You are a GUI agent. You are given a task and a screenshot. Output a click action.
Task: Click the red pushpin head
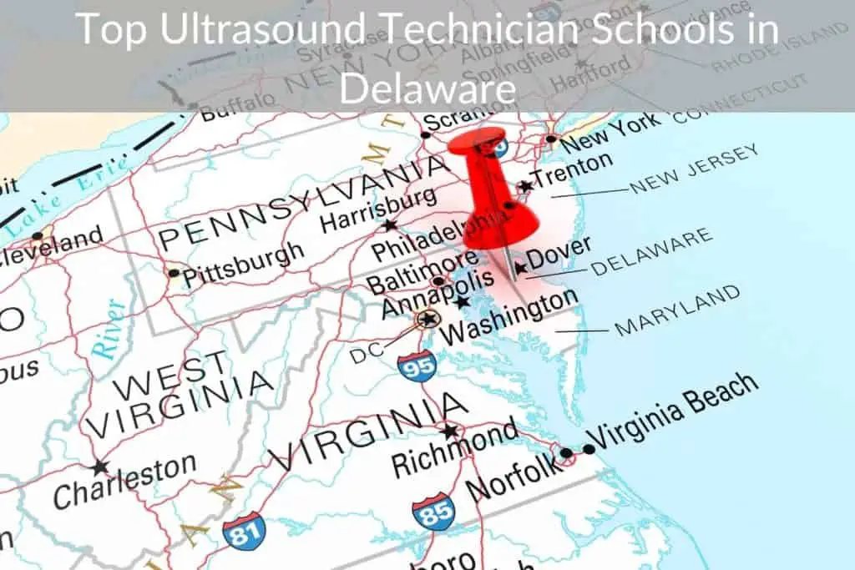click(x=477, y=147)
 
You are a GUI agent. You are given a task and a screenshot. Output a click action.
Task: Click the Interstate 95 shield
click(x=417, y=366)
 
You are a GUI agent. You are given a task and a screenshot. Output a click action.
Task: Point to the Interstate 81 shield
click(x=244, y=528)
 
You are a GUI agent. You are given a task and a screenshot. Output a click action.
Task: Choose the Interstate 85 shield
click(x=434, y=512)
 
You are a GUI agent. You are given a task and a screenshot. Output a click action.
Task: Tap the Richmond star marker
click(x=450, y=431)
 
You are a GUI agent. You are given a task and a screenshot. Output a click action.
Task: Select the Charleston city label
click(x=126, y=481)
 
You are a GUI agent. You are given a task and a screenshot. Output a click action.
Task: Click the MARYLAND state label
click(x=676, y=310)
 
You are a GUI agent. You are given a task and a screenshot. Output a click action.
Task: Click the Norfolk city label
click(x=512, y=477)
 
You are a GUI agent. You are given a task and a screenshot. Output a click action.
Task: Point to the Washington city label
click(x=509, y=317)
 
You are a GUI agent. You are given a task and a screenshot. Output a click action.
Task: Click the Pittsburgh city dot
click(x=173, y=273)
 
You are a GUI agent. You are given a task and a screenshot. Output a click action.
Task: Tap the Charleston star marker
click(x=101, y=467)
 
